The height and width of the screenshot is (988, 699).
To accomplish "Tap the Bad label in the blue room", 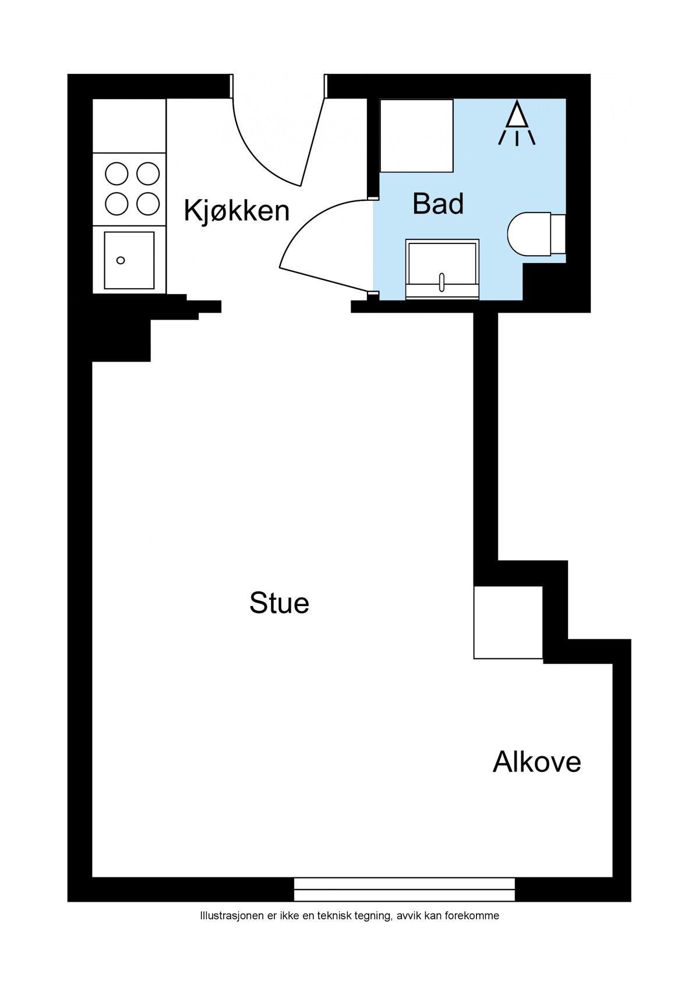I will (438, 204).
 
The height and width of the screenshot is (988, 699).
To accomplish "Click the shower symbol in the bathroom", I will (517, 123).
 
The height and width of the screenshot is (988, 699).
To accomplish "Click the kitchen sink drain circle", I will (121, 260).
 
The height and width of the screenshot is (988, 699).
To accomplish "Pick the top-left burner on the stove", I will (116, 173).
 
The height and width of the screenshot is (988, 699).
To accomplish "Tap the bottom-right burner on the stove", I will (148, 203).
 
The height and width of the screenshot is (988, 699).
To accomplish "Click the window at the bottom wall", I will (404, 890).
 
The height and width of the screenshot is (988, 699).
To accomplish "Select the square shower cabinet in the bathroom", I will (416, 135).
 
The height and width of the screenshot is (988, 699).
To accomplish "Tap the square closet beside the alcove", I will (508, 622).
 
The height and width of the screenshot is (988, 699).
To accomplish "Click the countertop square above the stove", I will (129, 126).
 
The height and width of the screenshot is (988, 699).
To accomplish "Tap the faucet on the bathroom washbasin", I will (442, 282).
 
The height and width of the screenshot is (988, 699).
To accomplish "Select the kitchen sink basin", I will (129, 260).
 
